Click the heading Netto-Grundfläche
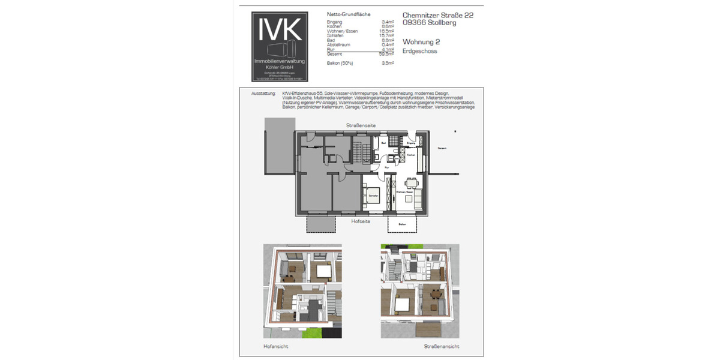click(x=348, y=14)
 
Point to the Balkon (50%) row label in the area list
click(x=340, y=62)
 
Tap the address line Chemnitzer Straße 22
click(x=437, y=15)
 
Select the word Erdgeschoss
click(x=420, y=52)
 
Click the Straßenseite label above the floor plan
click(x=360, y=125)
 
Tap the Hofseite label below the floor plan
click(x=361, y=221)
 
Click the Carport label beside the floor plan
click(x=442, y=148)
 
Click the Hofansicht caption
click(x=275, y=346)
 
